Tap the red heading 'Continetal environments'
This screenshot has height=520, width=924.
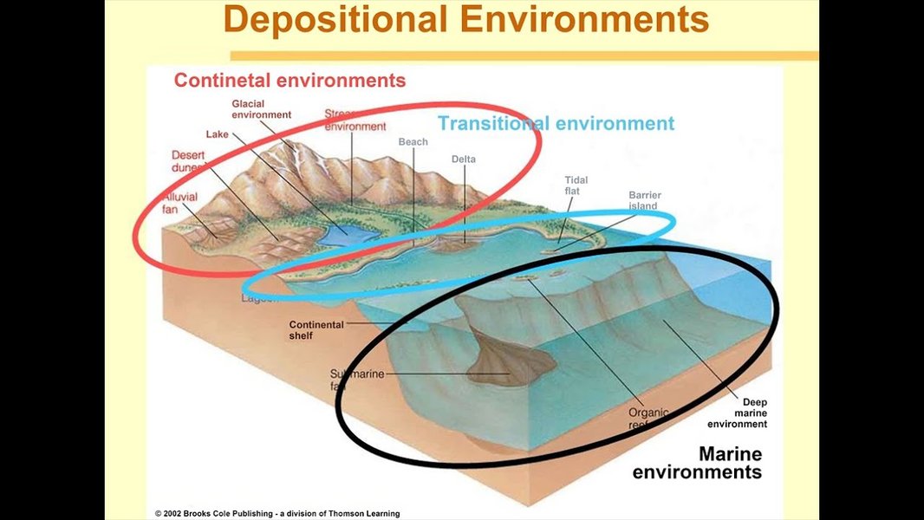click(x=290, y=81)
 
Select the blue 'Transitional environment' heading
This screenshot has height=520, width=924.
click(x=556, y=123)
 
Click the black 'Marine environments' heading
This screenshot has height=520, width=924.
click(x=698, y=463)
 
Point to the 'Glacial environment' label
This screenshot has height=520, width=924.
click(x=261, y=109)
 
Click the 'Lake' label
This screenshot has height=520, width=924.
click(x=217, y=134)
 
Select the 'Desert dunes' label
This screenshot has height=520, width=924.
click(x=189, y=160)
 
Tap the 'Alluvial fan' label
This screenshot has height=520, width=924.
click(x=179, y=203)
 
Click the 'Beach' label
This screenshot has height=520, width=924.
click(x=413, y=142)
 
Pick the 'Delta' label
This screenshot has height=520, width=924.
click(x=464, y=159)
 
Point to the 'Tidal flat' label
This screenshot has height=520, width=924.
click(x=576, y=185)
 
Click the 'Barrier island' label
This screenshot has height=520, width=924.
click(x=644, y=200)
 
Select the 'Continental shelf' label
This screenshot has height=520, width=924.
click(x=316, y=330)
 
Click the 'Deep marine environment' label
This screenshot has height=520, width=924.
click(x=738, y=413)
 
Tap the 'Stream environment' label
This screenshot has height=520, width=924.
click(x=355, y=120)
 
